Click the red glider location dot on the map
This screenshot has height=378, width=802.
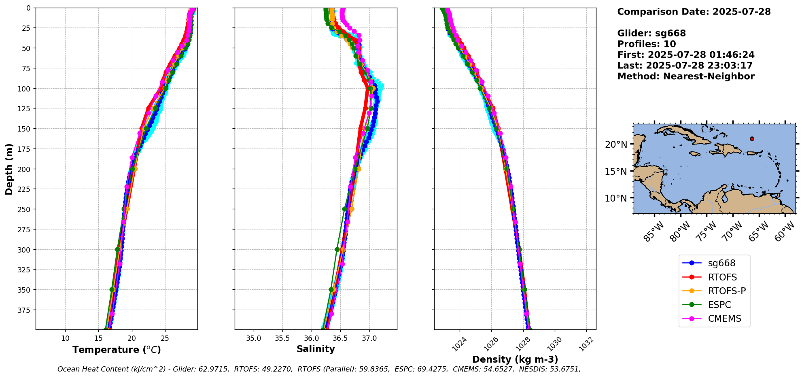tap(752, 139)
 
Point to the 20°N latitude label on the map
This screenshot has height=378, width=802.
tap(616, 144)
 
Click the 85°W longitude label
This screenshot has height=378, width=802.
tap(653, 231)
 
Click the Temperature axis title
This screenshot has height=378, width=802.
tap(117, 350)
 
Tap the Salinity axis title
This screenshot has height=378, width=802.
tap(316, 349)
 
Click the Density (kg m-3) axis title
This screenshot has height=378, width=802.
tap(515, 359)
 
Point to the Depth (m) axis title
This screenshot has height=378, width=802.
tap(9, 169)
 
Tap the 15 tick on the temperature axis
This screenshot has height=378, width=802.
tap(98, 338)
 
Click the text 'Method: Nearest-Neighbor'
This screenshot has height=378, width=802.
tap(686, 76)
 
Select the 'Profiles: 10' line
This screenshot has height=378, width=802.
tap(647, 44)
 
